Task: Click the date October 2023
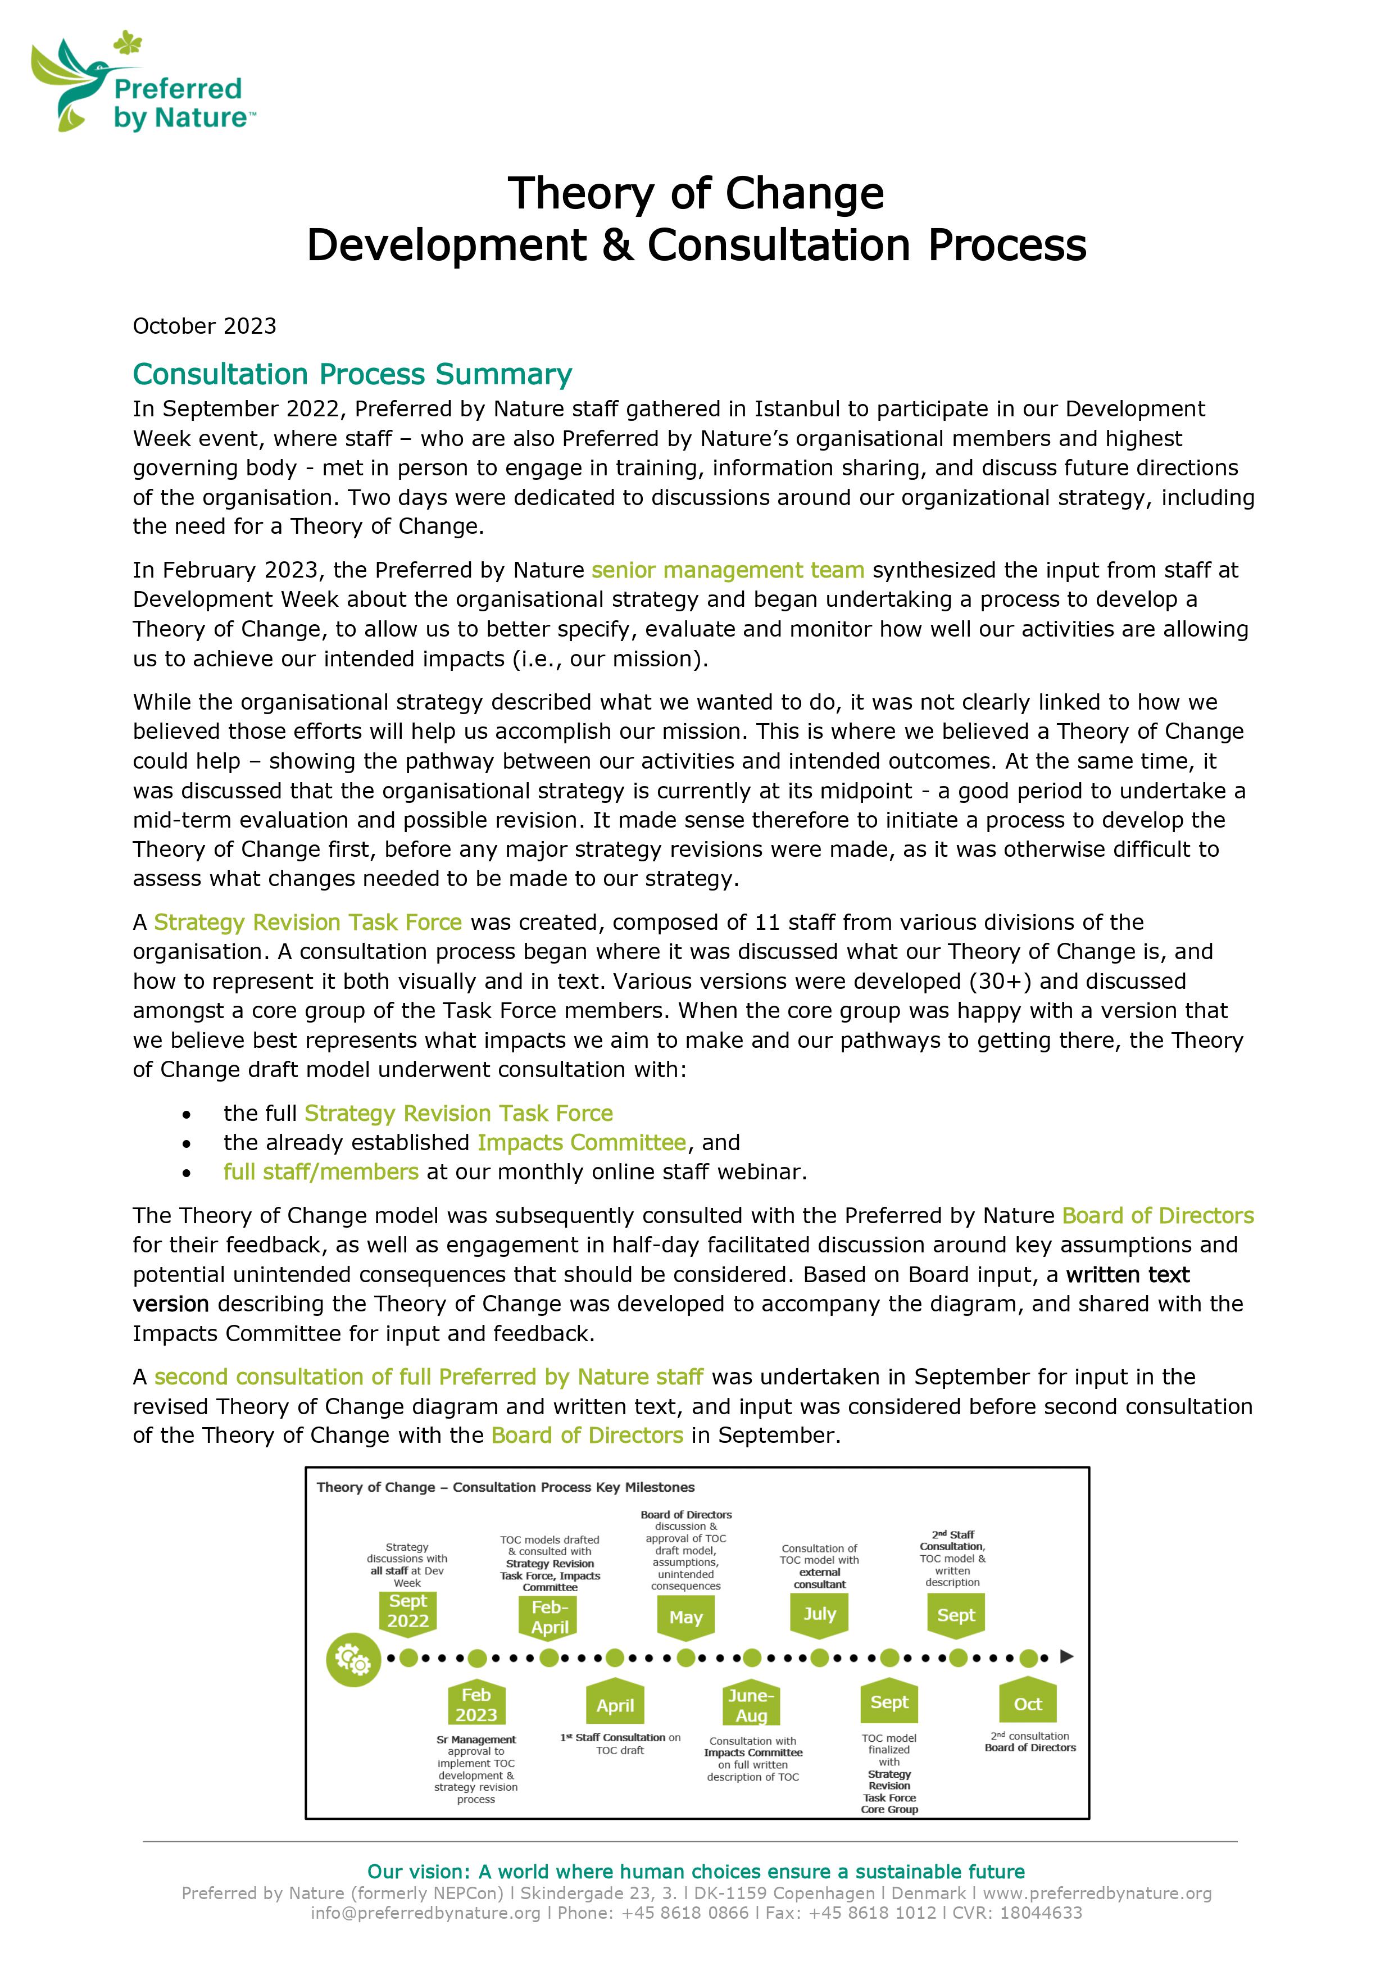click(205, 326)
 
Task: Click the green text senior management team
click(727, 570)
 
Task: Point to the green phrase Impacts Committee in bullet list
click(581, 1143)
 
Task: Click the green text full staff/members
click(320, 1172)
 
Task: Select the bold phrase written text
click(1127, 1275)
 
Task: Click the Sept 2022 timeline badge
click(408, 1611)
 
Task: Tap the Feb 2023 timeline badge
click(476, 1705)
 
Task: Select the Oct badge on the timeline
click(1028, 1704)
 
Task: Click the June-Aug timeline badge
click(751, 1706)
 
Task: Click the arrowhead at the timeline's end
click(1067, 1657)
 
